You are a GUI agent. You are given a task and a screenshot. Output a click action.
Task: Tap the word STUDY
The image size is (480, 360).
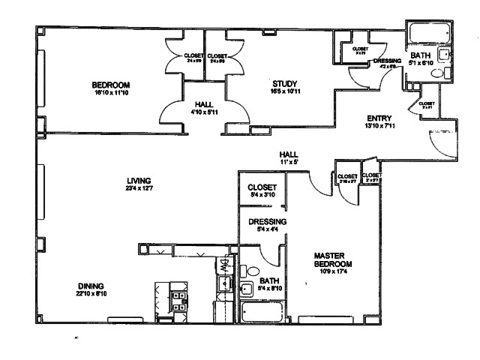(285, 83)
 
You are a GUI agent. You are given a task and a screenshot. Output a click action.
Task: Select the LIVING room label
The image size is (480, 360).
(139, 180)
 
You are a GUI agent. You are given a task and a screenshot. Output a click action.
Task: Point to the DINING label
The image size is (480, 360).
(91, 285)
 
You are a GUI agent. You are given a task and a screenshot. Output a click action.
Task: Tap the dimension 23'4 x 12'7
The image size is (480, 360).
(139, 189)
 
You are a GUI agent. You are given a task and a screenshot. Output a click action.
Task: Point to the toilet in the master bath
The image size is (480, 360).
(253, 271)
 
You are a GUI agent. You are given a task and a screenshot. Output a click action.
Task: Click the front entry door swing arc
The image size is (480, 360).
(433, 139)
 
